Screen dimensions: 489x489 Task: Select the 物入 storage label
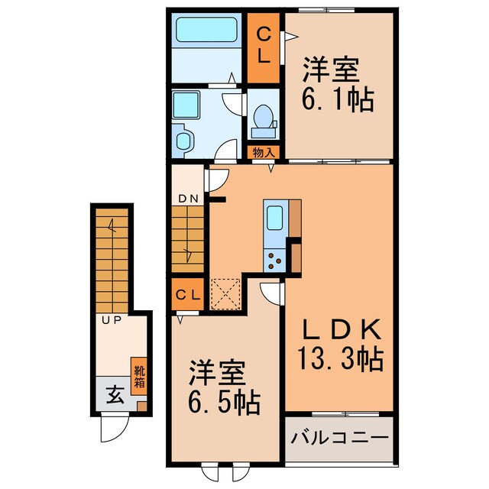click(264, 152)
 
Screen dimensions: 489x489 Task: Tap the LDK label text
click(340, 329)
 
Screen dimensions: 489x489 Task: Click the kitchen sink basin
click(274, 215)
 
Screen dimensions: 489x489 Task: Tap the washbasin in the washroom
click(183, 140)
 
